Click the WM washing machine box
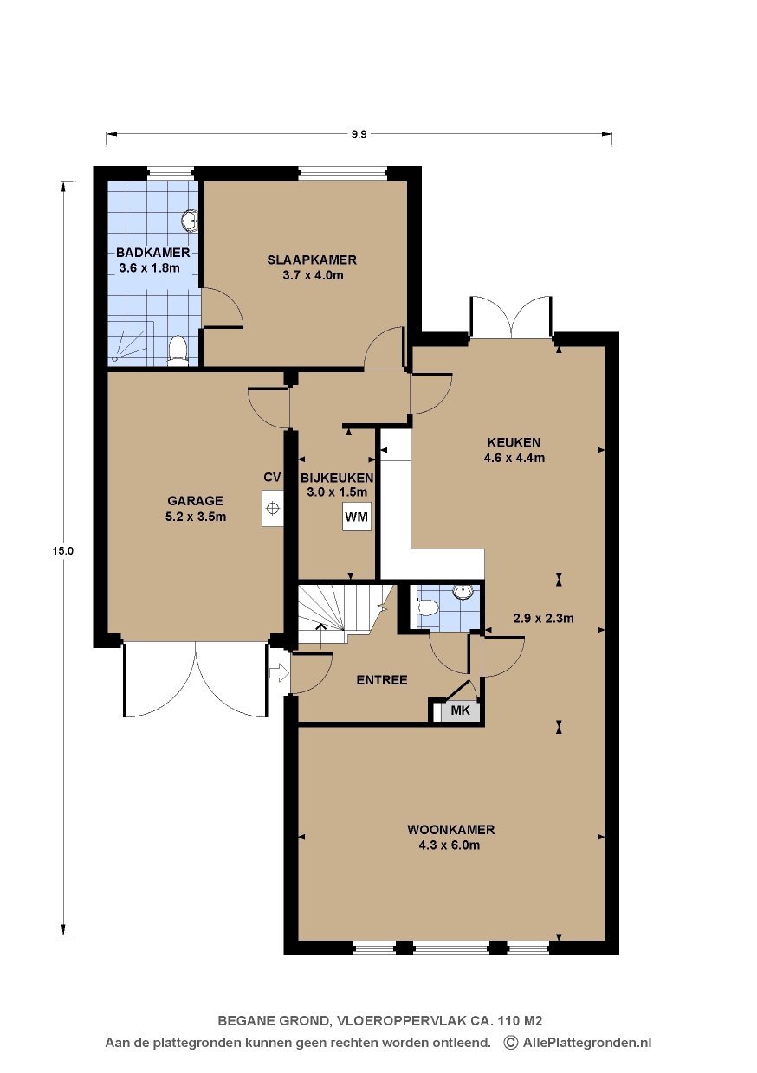point(356,517)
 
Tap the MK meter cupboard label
point(460,710)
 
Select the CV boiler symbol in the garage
point(272,508)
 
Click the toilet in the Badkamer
point(178,350)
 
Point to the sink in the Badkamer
point(191,221)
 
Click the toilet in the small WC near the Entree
point(427,607)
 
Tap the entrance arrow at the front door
point(279,673)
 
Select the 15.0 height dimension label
point(63,551)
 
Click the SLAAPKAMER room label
point(312,260)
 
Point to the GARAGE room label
point(195,501)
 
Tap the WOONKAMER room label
point(450,829)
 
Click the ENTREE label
point(382,680)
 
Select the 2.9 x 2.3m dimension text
point(543,619)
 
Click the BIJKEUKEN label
point(337,478)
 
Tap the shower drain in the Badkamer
point(114,358)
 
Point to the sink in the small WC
point(463,592)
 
